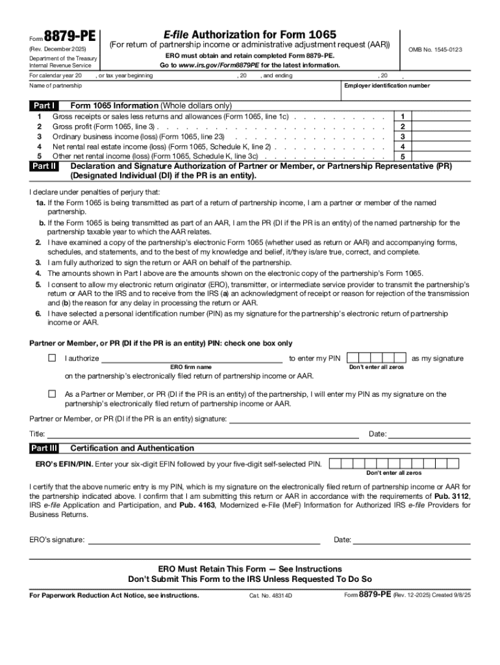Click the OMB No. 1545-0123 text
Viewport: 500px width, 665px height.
point(434,50)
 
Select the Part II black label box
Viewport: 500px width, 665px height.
point(44,166)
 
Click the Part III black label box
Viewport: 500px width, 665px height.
point(44,448)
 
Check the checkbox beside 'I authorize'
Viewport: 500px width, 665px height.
point(52,358)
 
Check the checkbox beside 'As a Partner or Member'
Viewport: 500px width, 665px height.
point(52,394)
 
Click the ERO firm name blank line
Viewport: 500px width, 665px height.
point(191,358)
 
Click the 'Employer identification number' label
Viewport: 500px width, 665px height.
point(386,86)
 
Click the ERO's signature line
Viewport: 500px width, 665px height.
point(204,540)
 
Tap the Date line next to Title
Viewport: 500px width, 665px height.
point(429,434)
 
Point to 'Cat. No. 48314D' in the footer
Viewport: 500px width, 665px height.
point(271,596)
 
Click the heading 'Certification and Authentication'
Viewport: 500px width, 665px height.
point(132,448)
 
